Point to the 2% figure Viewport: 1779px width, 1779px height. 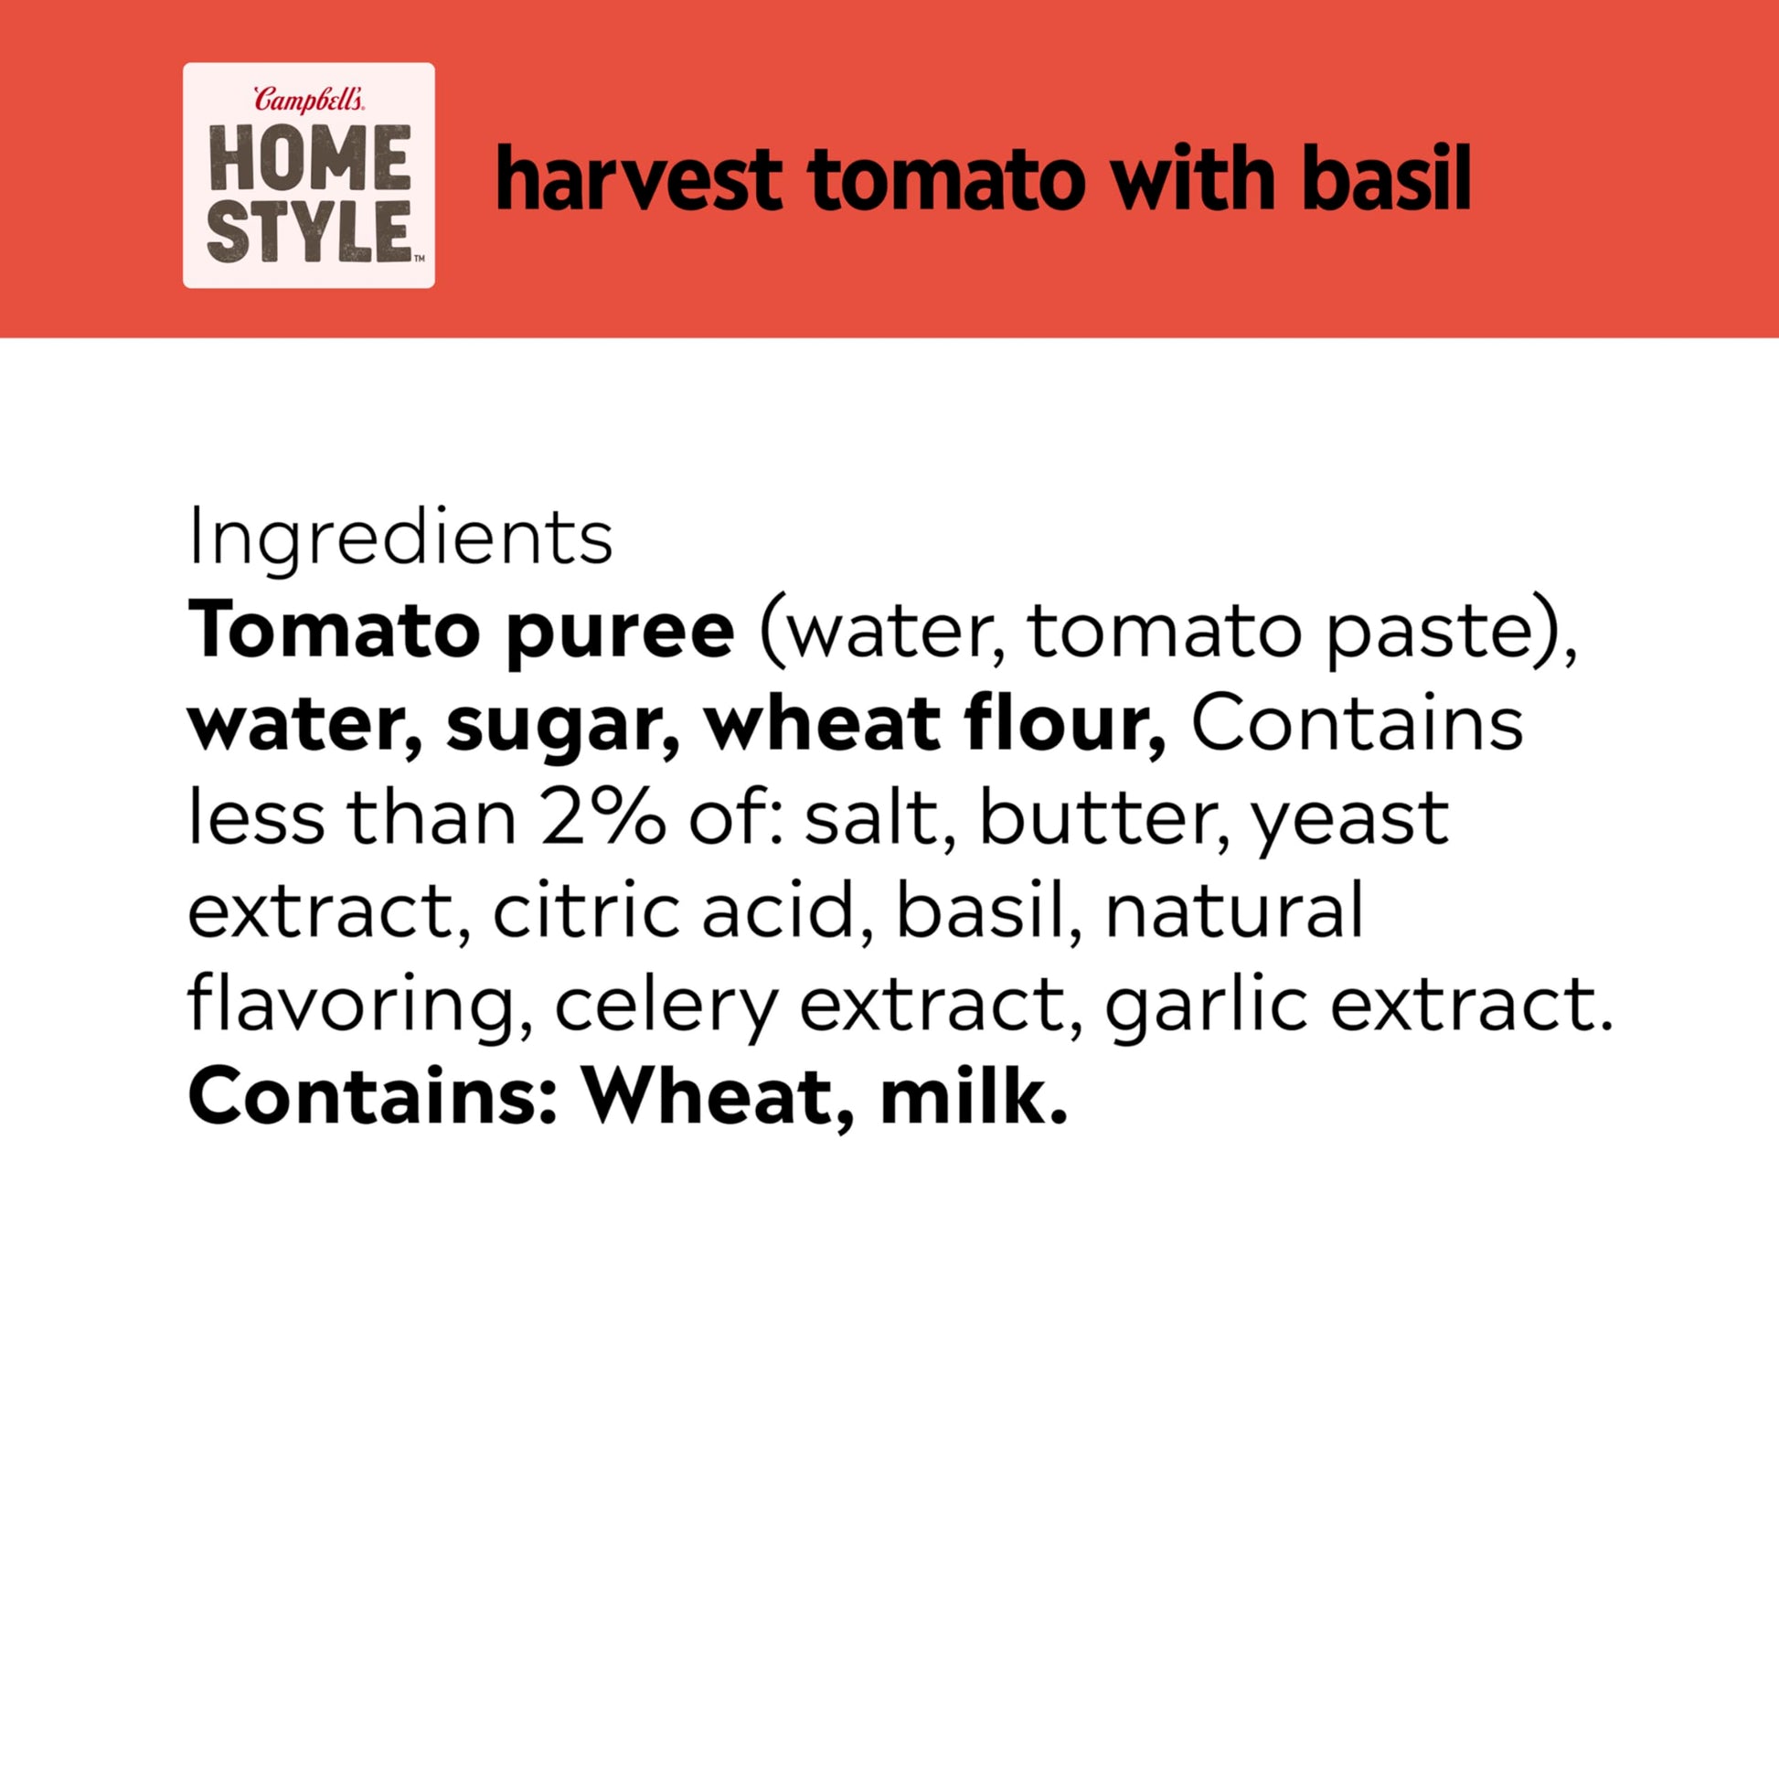pyautogui.click(x=602, y=818)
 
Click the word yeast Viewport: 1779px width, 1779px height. pyautogui.click(x=1348, y=824)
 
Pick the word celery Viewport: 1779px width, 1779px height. pyautogui.click(x=666, y=1009)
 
